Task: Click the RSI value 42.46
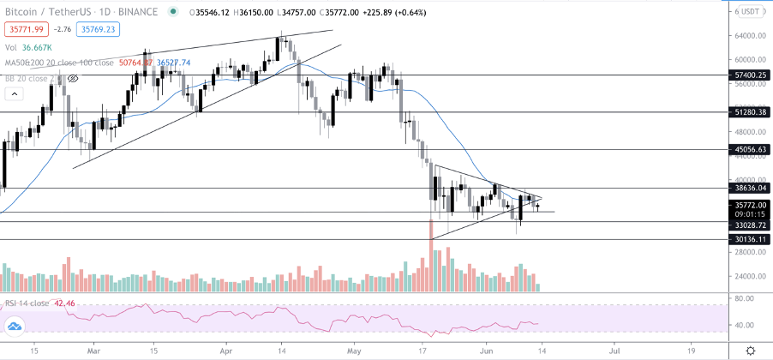point(63,303)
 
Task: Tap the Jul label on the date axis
point(614,351)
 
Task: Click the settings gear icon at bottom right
point(750,351)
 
